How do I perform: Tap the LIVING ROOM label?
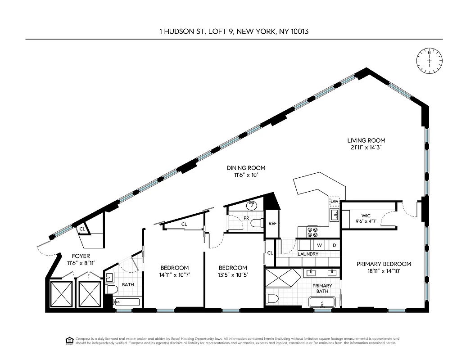click(366, 140)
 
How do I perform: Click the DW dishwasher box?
click(334, 201)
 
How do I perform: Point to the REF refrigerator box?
click(272, 223)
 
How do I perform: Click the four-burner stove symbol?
click(312, 232)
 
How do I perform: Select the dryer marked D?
click(334, 245)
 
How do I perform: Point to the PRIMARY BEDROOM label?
click(384, 264)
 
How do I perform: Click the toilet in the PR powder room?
click(256, 223)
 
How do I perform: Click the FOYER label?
click(81, 256)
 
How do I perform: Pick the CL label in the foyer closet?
click(82, 229)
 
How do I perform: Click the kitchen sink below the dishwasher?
click(334, 216)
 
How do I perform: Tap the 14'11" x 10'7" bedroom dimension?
click(174, 274)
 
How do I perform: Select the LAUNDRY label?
click(308, 254)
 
